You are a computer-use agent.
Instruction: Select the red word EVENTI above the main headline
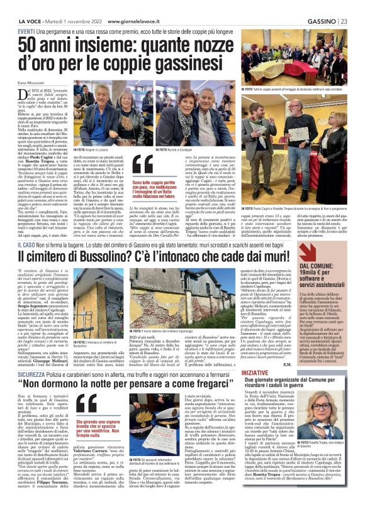pyautogui.click(x=26, y=32)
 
